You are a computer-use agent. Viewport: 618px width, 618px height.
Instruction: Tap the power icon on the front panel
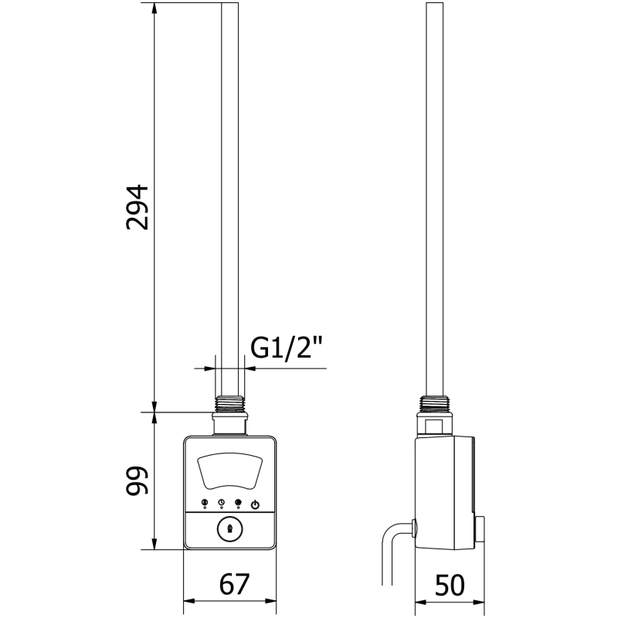256,504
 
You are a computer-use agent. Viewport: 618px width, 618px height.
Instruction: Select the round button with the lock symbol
229,531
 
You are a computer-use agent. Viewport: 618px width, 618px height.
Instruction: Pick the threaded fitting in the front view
229,404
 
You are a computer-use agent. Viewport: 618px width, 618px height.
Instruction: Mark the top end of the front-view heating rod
229,6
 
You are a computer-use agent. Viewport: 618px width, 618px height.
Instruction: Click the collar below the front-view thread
229,423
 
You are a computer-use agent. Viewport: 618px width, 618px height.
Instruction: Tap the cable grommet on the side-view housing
416,528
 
